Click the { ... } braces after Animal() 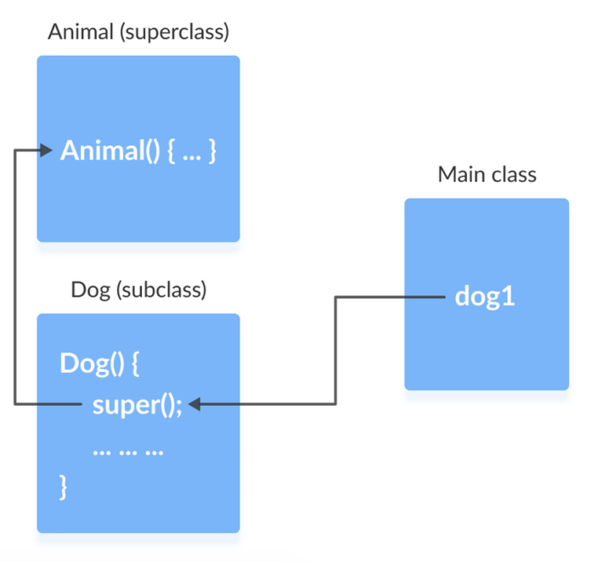pyautogui.click(x=193, y=153)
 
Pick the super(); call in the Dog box pyautogui.click(x=138, y=405)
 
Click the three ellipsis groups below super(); pyautogui.click(x=127, y=450)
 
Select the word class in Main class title pyautogui.click(x=513, y=175)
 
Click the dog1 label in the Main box pyautogui.click(x=485, y=297)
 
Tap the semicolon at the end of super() pyautogui.click(x=179, y=406)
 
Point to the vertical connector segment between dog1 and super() pyautogui.click(x=336, y=351)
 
